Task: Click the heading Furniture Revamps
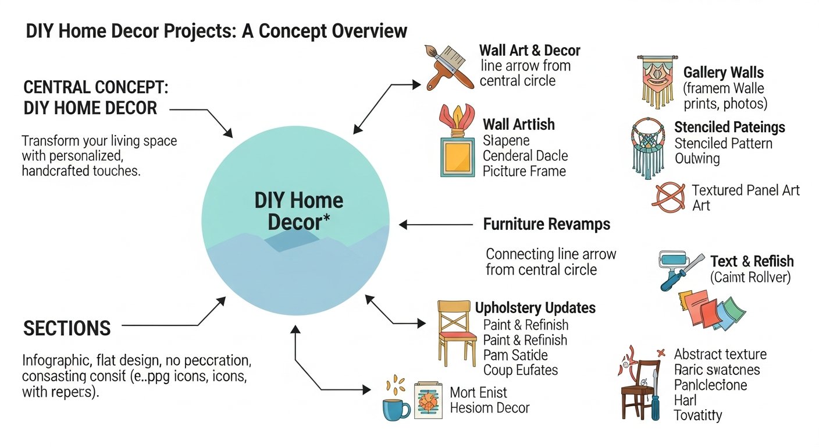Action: click(x=547, y=224)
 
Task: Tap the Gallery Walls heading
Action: click(x=724, y=73)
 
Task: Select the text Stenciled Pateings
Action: click(x=729, y=127)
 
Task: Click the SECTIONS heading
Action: click(x=67, y=328)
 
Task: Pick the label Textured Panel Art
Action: click(x=746, y=190)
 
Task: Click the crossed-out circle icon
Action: click(x=668, y=196)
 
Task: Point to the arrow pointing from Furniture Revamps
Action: click(x=436, y=224)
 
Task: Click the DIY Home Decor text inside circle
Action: click(x=299, y=211)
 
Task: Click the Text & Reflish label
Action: click(x=752, y=261)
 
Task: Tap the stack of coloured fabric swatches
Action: click(x=710, y=311)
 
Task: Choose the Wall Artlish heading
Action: click(x=518, y=124)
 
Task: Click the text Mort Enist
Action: click(x=478, y=392)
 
